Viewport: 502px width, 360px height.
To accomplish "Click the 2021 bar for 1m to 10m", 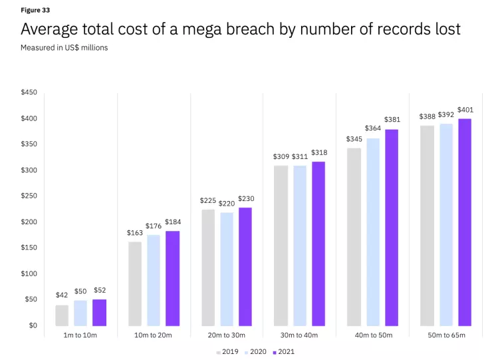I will (x=100, y=313).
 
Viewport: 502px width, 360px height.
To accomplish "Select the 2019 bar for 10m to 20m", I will (x=135, y=284).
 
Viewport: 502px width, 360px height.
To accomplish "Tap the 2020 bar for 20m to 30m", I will (x=227, y=270).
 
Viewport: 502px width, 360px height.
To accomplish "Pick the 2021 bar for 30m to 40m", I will (x=318, y=244).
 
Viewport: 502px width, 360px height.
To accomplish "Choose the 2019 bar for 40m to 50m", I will (x=354, y=237).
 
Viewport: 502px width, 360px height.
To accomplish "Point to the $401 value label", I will (x=465, y=110).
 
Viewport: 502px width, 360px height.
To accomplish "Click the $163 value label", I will (x=135, y=233).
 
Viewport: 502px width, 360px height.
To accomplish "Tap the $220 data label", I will (x=227, y=203).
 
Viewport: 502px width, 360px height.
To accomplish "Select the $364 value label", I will (x=373, y=128).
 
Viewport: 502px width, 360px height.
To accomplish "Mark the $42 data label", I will (x=62, y=295).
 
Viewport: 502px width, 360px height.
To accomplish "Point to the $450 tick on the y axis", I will (x=29, y=92).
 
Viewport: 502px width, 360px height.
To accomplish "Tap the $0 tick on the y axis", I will (x=33, y=325).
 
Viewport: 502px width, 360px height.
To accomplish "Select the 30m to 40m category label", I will (x=300, y=335).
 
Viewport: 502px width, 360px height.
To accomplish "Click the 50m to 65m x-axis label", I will (x=445, y=335).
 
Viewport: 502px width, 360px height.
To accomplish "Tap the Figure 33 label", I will (x=35, y=11).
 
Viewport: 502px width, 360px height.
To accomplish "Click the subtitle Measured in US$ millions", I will (x=64, y=48).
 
